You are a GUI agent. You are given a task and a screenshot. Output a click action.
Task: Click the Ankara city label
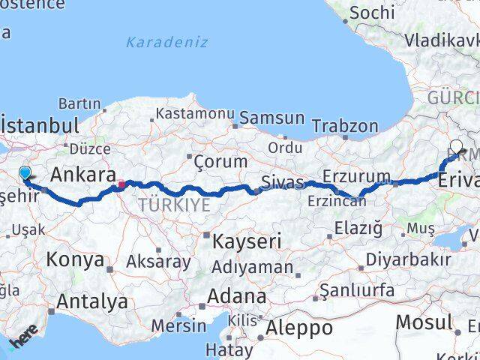point(82,175)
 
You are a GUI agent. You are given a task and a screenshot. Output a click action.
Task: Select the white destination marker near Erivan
point(456,147)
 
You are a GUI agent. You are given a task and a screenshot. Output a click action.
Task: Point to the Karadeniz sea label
point(166,42)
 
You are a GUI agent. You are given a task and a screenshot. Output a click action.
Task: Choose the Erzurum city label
point(357,177)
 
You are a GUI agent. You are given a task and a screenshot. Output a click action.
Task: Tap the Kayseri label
point(246,241)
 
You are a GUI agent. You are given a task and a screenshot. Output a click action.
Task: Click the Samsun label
point(273,118)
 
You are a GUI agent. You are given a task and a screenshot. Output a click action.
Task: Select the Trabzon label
point(346,124)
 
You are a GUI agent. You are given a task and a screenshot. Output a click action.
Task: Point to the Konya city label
point(75,260)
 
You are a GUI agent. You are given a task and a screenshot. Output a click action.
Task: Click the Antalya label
point(92,301)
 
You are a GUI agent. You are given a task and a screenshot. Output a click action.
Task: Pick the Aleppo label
point(299,328)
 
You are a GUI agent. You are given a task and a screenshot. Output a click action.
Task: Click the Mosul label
point(424,322)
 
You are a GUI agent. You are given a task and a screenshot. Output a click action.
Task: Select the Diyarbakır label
point(409,259)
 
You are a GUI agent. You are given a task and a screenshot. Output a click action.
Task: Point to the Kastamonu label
point(195,114)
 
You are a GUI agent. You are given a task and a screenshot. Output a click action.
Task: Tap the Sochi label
point(372,12)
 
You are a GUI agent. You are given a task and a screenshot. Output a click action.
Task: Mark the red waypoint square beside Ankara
point(121,183)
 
